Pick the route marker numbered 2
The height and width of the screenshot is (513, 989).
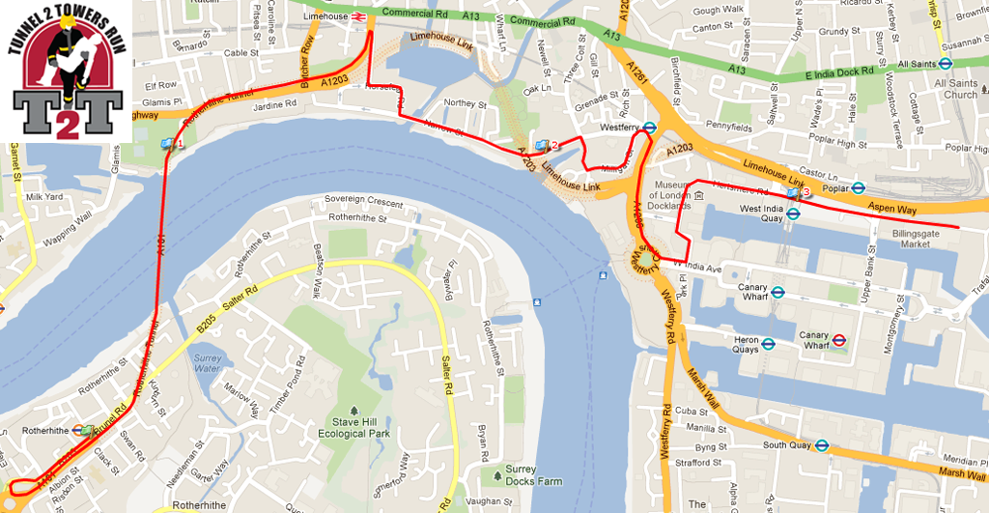click(543, 146)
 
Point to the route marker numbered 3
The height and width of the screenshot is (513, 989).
click(795, 193)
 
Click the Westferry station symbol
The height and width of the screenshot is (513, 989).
click(650, 127)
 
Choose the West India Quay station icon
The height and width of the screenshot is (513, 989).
click(793, 214)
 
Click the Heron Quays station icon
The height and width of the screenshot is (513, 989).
click(769, 342)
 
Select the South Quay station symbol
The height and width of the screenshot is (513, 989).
click(820, 445)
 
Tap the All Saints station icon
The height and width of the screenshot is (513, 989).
click(947, 65)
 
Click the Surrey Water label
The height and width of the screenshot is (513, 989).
click(208, 364)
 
